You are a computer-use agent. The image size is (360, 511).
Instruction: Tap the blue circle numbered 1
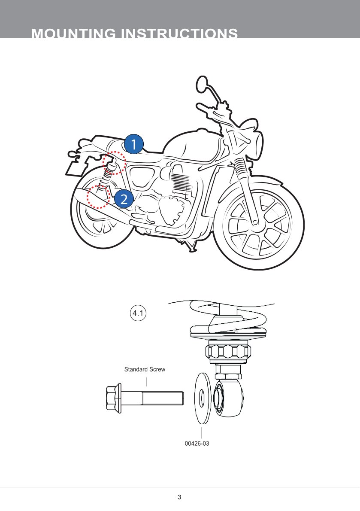coord(134,144)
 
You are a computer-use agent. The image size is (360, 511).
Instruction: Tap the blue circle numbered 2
coord(124,199)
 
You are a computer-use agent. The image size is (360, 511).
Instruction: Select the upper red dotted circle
coord(114,163)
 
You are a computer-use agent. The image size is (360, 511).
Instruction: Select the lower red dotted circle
coord(98,197)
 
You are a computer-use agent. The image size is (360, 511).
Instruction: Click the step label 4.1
coord(138,313)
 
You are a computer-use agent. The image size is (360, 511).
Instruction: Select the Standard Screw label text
coord(145,369)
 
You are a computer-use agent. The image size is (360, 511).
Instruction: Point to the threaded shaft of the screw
coord(163,398)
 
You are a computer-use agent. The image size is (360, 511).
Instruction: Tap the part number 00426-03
coord(197,444)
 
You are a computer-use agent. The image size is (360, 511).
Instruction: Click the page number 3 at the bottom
coord(179,497)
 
